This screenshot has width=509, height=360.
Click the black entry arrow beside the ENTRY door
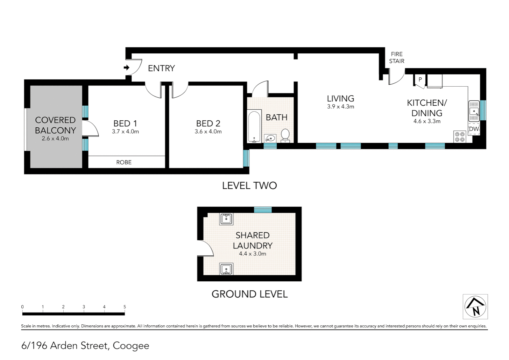[127, 68]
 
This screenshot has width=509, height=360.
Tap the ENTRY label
[161, 68]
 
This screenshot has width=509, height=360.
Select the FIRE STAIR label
[396, 57]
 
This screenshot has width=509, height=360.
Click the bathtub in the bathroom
[254, 127]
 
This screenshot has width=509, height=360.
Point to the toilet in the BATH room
[285, 135]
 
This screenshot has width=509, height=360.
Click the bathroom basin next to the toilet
[270, 138]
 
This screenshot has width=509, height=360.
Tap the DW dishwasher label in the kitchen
[474, 129]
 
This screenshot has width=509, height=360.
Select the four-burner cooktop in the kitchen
[460, 137]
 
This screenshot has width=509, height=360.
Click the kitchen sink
[474, 111]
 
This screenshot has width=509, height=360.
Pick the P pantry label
[420, 80]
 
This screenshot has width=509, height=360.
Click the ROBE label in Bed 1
[124, 162]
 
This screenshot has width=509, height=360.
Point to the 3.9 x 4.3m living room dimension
[340, 107]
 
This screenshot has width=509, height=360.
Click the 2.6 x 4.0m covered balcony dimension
[55, 139]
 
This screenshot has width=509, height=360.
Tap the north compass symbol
[475, 306]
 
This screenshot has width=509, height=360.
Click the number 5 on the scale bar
[125, 307]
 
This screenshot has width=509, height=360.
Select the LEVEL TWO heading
[250, 186]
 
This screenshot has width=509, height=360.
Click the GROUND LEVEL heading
[250, 294]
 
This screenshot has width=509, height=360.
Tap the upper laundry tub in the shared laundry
[226, 219]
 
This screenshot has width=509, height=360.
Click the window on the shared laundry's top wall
[263, 210]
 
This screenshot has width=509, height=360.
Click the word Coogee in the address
[131, 346]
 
